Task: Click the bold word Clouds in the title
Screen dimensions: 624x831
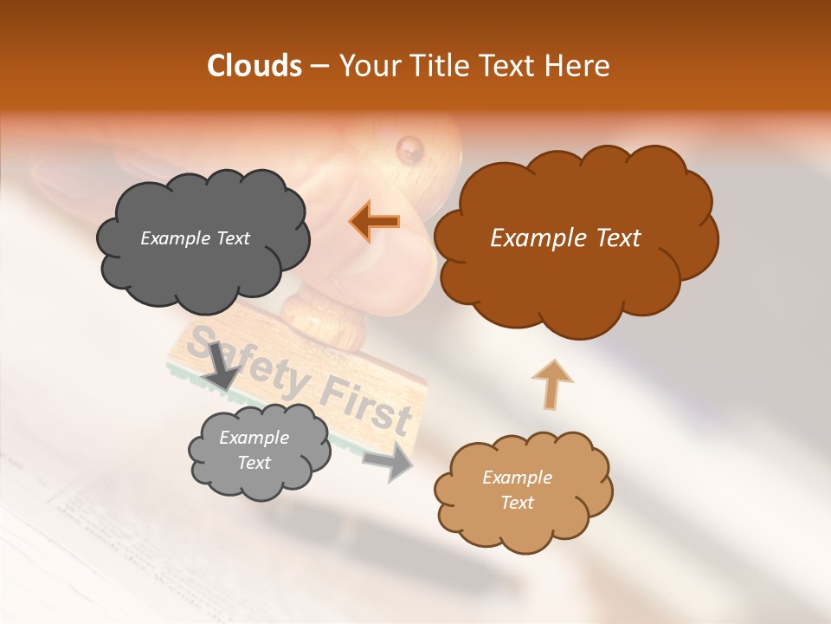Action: pyautogui.click(x=254, y=66)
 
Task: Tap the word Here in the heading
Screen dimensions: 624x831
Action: pyautogui.click(x=580, y=66)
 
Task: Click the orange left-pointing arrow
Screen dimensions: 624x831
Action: pyautogui.click(x=375, y=221)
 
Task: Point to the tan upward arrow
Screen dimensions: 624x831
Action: pyautogui.click(x=551, y=384)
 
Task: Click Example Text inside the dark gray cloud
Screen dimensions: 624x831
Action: pyautogui.click(x=195, y=238)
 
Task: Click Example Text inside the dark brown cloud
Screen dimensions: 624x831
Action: pyautogui.click(x=565, y=238)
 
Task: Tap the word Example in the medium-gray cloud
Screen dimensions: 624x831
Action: pyautogui.click(x=254, y=438)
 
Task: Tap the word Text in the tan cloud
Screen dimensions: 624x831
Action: pyautogui.click(x=517, y=503)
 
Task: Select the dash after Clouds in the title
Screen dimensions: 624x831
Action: pyautogui.click(x=319, y=66)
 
